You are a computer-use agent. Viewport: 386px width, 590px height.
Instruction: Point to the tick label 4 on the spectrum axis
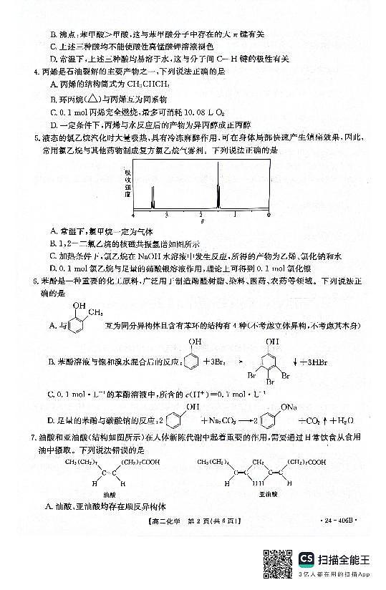133,214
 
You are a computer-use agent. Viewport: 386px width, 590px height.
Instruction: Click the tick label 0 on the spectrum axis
268,214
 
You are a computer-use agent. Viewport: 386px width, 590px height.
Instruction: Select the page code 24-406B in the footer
339,529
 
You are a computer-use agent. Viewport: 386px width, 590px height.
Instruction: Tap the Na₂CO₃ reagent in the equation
205,420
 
